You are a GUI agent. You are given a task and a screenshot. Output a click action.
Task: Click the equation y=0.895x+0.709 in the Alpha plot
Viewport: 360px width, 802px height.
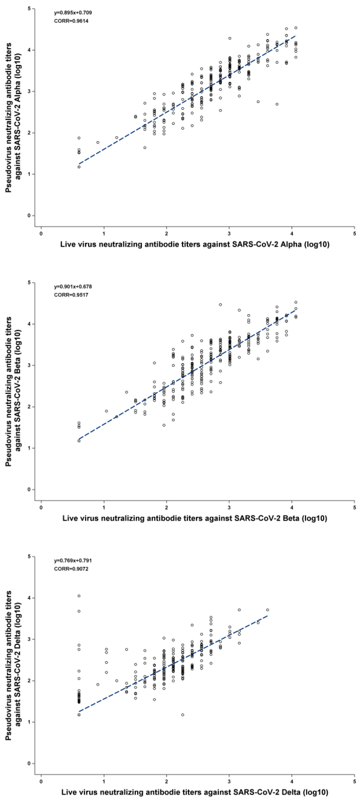[73, 13]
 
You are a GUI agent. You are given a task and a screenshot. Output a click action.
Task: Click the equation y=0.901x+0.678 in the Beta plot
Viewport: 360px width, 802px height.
[73, 286]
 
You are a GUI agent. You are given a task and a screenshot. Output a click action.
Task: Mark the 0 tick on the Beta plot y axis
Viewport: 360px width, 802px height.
[29, 489]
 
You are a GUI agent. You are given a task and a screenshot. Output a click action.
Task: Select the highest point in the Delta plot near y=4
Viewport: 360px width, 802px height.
[79, 596]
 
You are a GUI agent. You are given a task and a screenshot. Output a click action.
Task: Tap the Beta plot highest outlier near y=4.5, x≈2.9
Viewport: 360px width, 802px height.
[220, 305]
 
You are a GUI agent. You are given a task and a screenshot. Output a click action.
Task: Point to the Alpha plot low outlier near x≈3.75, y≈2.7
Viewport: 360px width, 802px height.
[277, 104]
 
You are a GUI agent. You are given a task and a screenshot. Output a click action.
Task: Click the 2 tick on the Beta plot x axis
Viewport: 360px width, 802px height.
[167, 508]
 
